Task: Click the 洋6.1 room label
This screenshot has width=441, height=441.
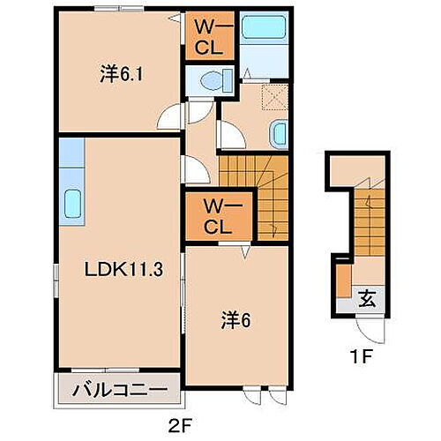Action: point(121,76)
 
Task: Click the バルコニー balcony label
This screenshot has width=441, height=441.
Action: point(120,388)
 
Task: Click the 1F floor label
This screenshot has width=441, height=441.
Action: point(355,359)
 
